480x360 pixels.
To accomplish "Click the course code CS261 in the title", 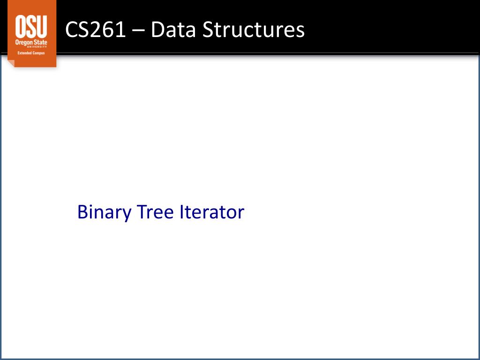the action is pos(95,30).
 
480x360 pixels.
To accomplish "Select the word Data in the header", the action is pos(172,30).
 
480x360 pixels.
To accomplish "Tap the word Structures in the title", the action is pos(253,30).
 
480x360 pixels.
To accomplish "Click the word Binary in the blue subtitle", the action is pos(105,212).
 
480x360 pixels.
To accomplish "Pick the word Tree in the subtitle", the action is pos(155,212).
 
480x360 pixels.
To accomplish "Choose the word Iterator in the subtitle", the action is pos(212,212).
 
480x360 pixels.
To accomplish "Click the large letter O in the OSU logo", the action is pos(21,26).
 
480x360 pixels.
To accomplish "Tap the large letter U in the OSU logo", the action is pos(42,26).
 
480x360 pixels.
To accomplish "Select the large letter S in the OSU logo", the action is pos(31,26).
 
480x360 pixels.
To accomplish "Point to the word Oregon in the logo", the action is pos(23,43).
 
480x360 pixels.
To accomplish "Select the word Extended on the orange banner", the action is pos(23,53).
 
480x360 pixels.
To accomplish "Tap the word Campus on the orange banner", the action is pos(38,53).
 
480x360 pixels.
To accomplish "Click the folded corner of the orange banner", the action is pos(11,63).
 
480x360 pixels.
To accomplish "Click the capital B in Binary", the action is pos(82,212).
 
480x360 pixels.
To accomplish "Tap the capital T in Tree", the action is pos(142,212).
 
